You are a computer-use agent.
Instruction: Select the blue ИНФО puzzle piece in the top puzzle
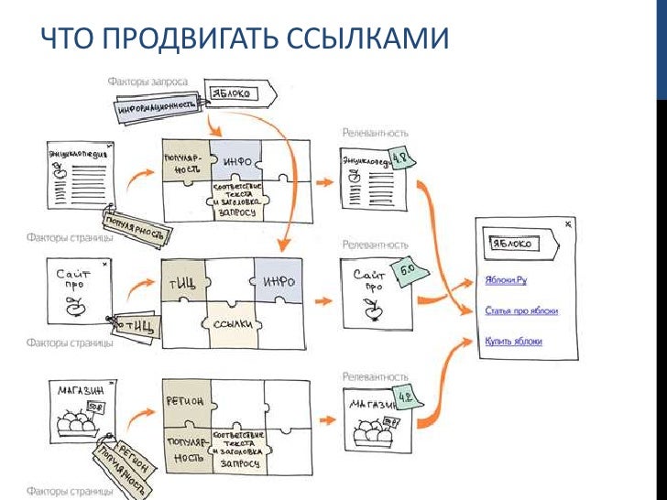point(235,161)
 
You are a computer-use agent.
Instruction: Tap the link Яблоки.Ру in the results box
point(507,281)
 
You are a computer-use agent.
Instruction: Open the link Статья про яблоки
point(521,311)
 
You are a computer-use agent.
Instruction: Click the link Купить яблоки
point(513,342)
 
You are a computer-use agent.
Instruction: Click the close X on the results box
point(567,223)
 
